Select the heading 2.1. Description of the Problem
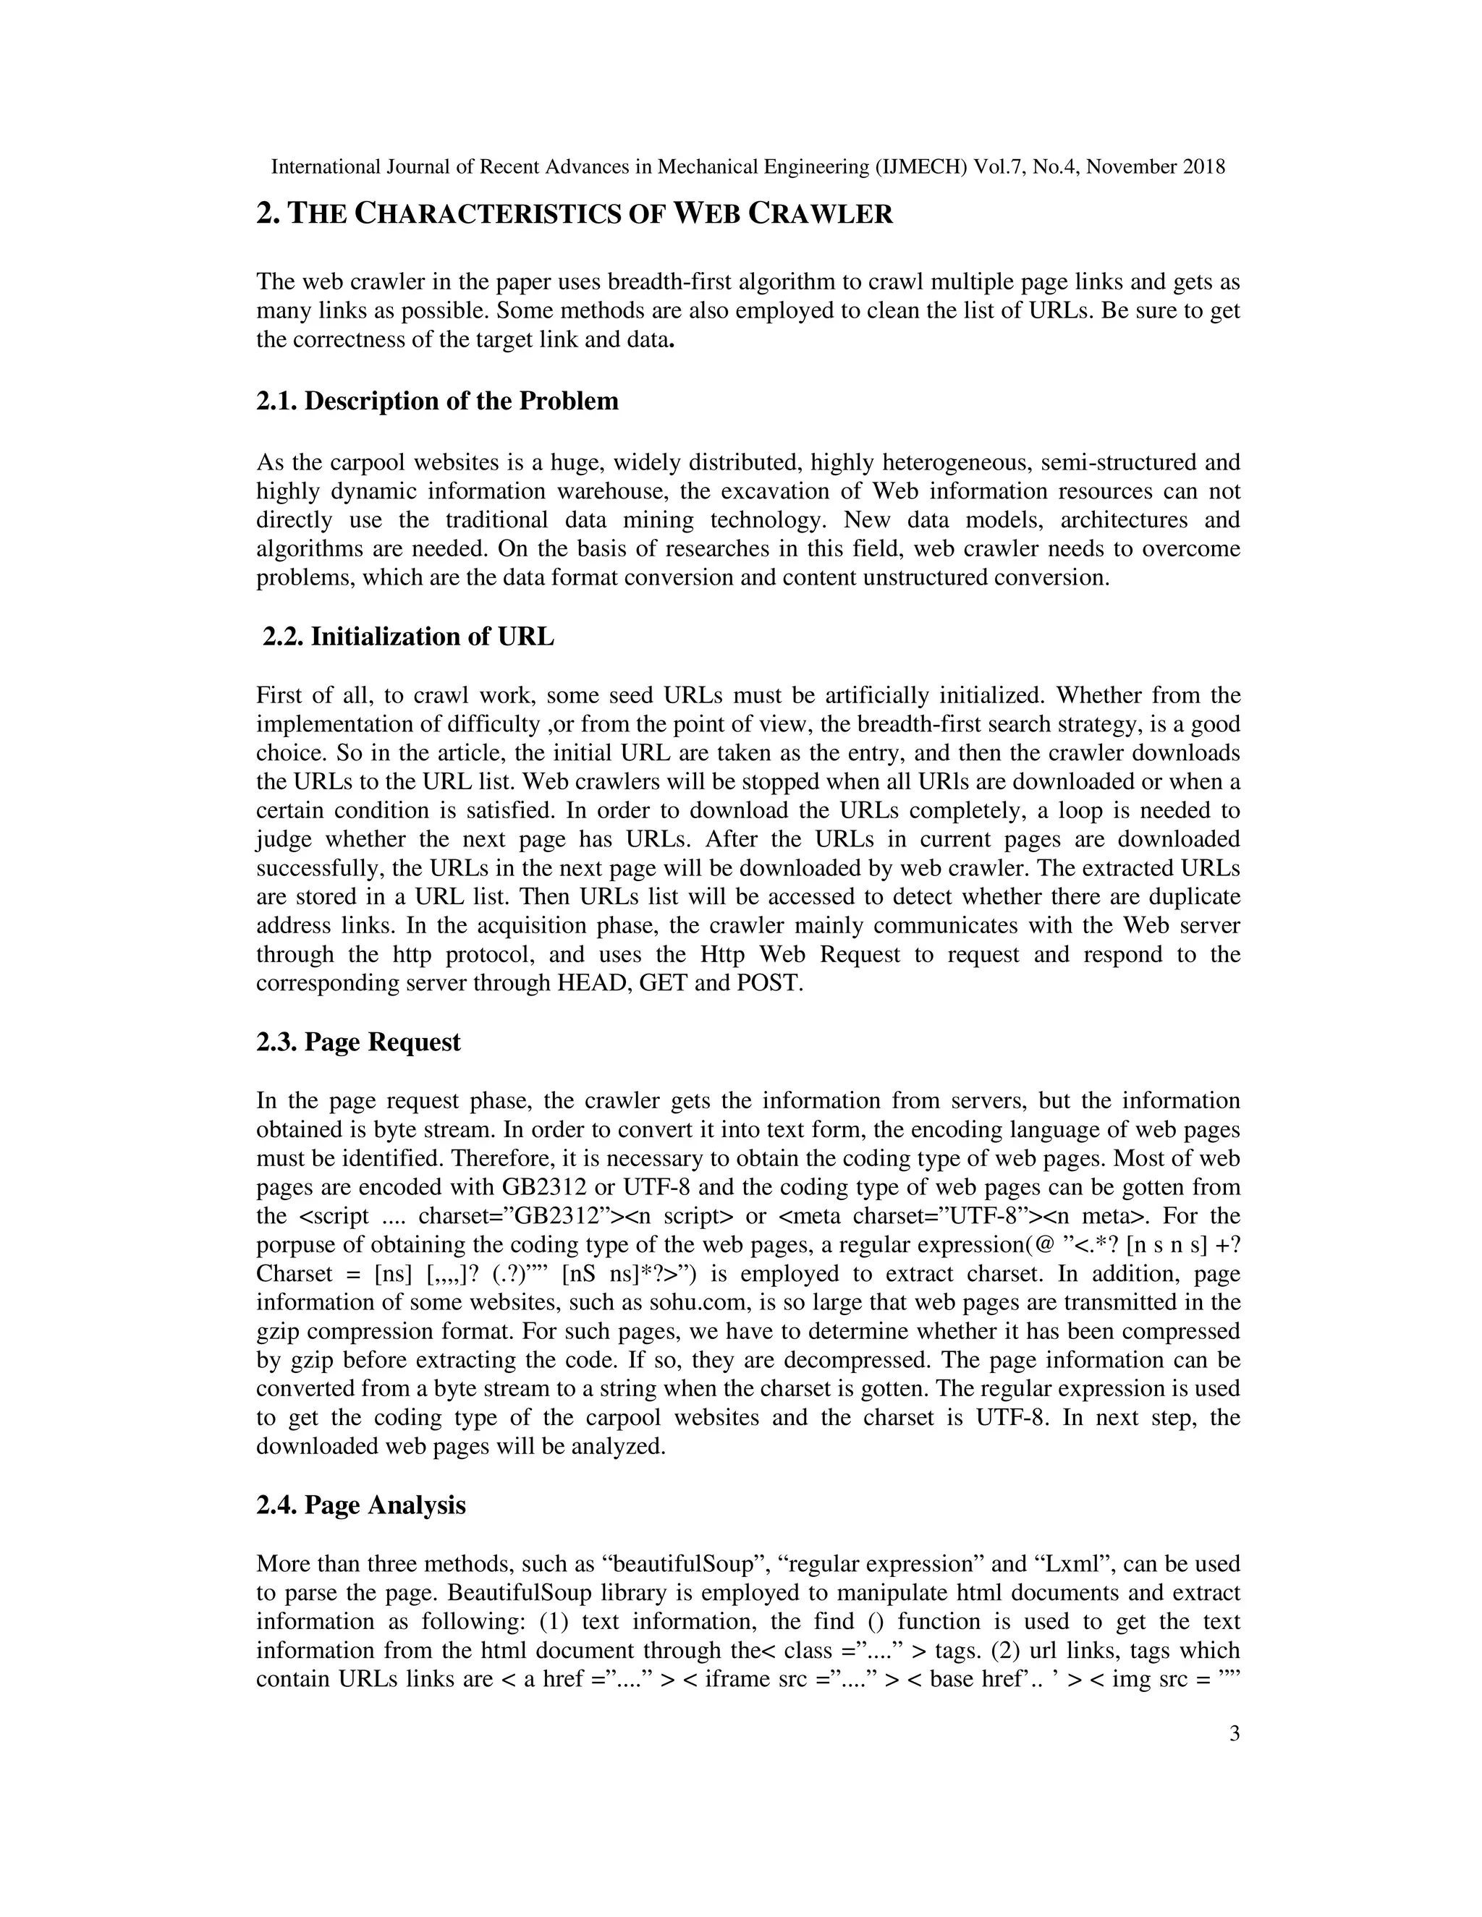pos(437,401)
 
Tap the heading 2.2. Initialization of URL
pos(408,637)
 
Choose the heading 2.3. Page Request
pos(358,1042)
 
